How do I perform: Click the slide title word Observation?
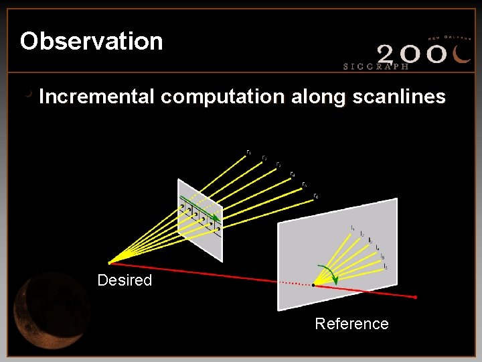click(x=91, y=42)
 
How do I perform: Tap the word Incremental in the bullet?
click(x=96, y=97)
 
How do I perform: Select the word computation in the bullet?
click(x=222, y=97)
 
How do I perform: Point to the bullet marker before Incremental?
click(x=28, y=95)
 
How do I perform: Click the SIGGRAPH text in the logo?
click(x=376, y=66)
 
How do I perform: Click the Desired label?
click(x=125, y=280)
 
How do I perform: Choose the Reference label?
click(x=351, y=324)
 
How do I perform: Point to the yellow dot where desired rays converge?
click(x=110, y=262)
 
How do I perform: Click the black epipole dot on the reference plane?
click(x=314, y=286)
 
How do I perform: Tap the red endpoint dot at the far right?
click(x=416, y=296)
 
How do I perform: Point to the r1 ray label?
click(x=249, y=152)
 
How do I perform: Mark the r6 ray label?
click(x=315, y=196)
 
